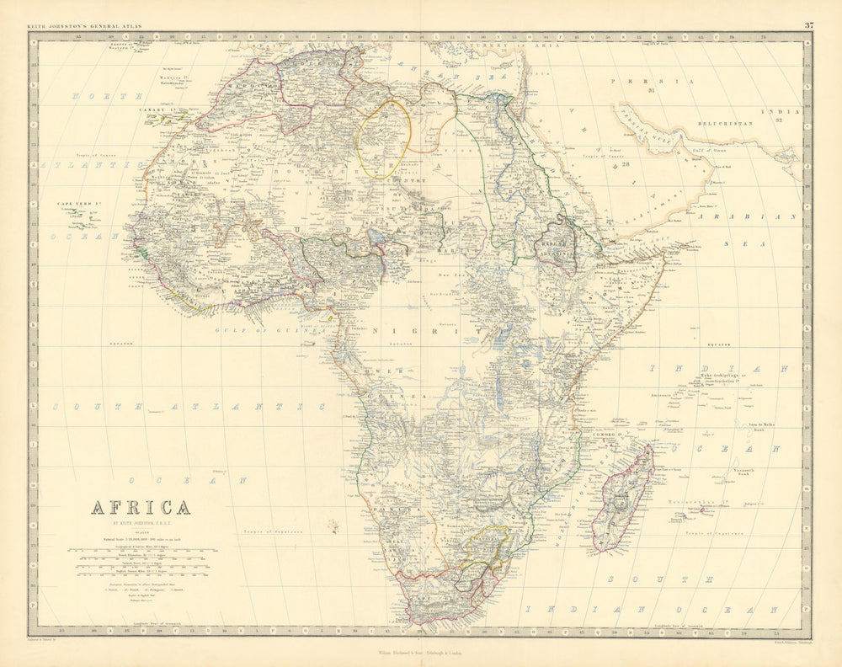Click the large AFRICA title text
(140, 508)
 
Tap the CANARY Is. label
(157, 109)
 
